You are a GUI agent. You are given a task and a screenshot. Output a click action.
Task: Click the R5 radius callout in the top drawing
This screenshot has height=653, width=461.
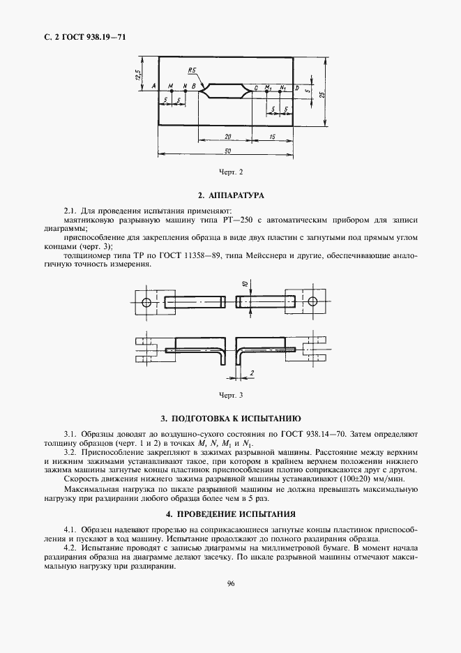click(191, 70)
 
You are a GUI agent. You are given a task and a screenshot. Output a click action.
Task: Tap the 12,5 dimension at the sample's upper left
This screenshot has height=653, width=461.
click(139, 73)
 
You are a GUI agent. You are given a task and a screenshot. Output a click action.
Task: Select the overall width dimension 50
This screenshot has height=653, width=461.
click(228, 151)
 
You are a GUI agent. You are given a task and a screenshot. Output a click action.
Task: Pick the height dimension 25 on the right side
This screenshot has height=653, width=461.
click(332, 95)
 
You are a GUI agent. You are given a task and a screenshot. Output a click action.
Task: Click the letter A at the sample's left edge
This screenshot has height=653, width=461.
click(152, 87)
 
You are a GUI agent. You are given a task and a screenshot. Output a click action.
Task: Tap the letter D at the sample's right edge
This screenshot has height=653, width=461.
click(296, 88)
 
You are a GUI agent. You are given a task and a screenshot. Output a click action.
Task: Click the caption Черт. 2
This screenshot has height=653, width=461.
click(230, 172)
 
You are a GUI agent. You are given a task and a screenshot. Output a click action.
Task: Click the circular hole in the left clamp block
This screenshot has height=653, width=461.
click(146, 303)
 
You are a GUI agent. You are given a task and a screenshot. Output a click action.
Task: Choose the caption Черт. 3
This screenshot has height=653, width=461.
click(230, 396)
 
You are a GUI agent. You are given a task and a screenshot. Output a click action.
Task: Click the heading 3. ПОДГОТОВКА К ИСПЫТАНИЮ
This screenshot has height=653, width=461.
click(230, 419)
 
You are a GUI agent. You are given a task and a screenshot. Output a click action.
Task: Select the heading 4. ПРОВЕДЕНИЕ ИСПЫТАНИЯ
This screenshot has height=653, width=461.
click(230, 513)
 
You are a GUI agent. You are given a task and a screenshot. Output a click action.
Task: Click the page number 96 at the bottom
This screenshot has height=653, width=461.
click(230, 585)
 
